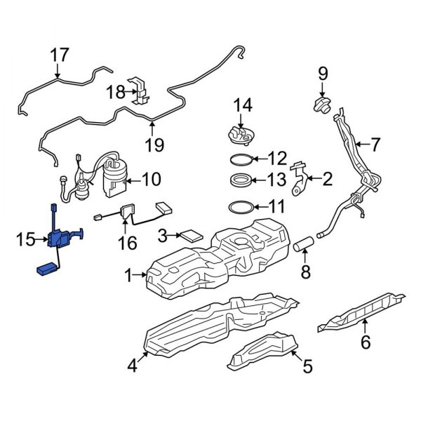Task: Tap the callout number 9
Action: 323,72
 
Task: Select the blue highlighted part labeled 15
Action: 59,240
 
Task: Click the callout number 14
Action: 241,105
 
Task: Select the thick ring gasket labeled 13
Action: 241,180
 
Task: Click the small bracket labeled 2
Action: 300,180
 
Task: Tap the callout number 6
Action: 366,342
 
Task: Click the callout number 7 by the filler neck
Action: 375,145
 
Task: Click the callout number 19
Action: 154,145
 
